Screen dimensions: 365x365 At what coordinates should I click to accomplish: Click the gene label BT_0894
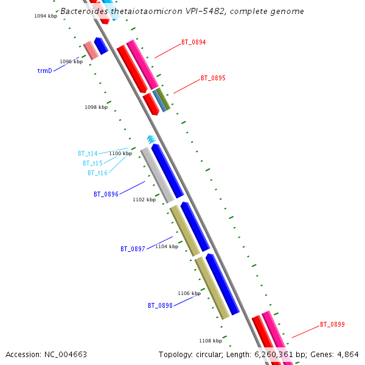[x=193, y=43]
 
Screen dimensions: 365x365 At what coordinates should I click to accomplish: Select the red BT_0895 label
[x=213, y=78]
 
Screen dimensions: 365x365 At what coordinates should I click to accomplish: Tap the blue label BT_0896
[x=106, y=195]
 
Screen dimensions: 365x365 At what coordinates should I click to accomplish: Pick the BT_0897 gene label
[x=133, y=249]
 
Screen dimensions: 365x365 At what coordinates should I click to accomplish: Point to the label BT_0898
[x=160, y=305]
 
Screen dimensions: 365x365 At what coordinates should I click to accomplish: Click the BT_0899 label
[x=332, y=325]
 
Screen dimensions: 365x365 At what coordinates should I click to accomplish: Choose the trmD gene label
[x=45, y=71]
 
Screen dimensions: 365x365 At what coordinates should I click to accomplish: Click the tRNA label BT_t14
[x=88, y=153]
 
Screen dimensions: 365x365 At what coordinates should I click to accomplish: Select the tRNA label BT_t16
[x=97, y=173]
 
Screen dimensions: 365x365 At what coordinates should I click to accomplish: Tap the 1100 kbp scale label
[x=120, y=153]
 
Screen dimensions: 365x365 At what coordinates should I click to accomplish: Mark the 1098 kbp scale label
[x=96, y=107]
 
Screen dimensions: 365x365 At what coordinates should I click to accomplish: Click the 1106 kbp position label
[x=189, y=293]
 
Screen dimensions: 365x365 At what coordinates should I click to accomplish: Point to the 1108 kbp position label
[x=211, y=341]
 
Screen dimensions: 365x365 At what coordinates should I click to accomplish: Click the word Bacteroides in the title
[x=84, y=12]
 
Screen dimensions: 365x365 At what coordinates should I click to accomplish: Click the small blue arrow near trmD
[x=101, y=46]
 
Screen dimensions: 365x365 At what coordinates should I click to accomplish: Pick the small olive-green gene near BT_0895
[x=164, y=99]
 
